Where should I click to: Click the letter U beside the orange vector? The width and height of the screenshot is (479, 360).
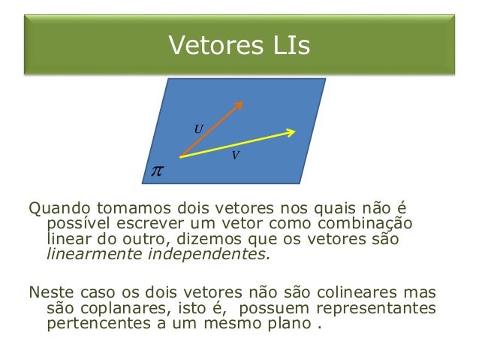pos(198,129)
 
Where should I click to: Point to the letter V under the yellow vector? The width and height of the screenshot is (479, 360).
pos(236,156)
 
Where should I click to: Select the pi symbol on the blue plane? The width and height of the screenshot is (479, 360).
pos(156,172)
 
